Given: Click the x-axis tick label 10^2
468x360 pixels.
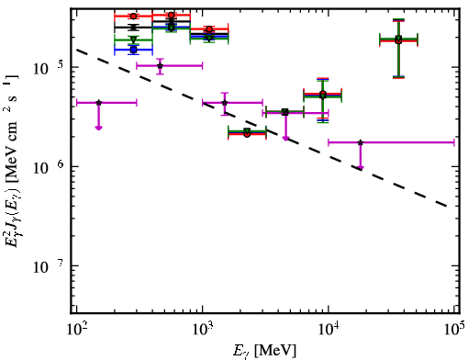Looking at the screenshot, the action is coord(76,330).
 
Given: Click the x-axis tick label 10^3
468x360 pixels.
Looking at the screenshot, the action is coord(202,330).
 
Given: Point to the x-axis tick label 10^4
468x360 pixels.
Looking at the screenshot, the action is coord(329,330).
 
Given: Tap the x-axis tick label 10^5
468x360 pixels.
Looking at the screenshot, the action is coord(454,330).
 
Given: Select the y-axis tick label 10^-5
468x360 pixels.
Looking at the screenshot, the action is coord(47,68).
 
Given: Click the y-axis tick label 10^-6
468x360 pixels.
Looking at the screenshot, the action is coord(47,167).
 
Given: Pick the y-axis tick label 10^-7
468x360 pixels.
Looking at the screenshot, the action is coord(47,266).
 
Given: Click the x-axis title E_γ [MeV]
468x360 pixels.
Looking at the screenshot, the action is coord(264,351).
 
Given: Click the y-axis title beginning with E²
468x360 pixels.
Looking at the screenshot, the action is coord(12,160).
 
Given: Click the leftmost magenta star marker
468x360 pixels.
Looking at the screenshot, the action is coord(98,103).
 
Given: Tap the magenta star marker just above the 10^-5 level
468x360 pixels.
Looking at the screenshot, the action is coord(160,66).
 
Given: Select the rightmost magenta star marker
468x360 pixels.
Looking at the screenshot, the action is coord(361,142).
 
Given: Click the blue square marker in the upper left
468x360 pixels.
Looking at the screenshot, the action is coord(133,50).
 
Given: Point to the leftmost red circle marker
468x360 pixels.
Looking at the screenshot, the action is coord(133,17).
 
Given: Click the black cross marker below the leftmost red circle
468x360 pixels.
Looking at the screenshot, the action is coord(133,28).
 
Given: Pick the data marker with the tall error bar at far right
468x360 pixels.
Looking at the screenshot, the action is coord(398,40).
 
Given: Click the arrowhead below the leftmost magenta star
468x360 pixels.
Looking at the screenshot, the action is coord(98,128).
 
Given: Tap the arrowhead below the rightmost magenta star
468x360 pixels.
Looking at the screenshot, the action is coord(361,167).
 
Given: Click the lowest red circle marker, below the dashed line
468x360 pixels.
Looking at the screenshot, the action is coord(247,134).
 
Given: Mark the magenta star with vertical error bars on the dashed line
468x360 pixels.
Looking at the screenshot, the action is coord(225,103).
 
